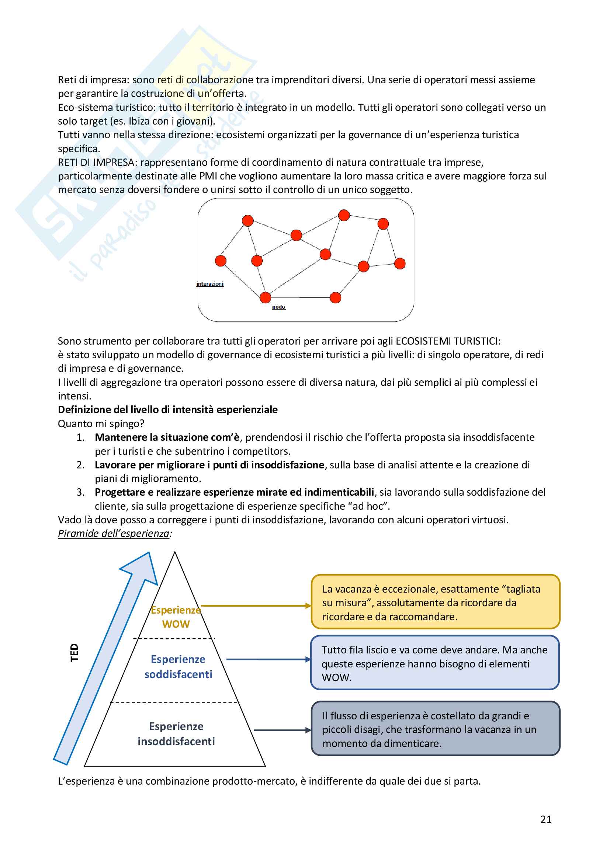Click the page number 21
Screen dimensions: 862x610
545,819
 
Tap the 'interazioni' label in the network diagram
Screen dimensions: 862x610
210,284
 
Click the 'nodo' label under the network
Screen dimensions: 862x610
278,307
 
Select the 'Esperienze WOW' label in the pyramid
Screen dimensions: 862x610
176,617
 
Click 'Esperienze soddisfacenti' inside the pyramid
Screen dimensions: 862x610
178,667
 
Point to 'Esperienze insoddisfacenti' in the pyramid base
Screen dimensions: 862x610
176,734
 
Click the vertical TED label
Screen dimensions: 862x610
74,653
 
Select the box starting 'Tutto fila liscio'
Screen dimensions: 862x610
434,663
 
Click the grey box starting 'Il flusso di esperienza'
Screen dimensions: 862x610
435,729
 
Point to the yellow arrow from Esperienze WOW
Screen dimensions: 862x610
256,606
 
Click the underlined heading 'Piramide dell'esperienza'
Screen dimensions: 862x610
114,534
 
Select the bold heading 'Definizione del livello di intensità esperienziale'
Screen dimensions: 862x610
167,409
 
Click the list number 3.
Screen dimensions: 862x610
80,492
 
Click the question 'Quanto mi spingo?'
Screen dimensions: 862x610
101,423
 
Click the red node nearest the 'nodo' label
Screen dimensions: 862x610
265,297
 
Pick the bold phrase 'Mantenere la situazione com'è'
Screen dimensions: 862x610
167,437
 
